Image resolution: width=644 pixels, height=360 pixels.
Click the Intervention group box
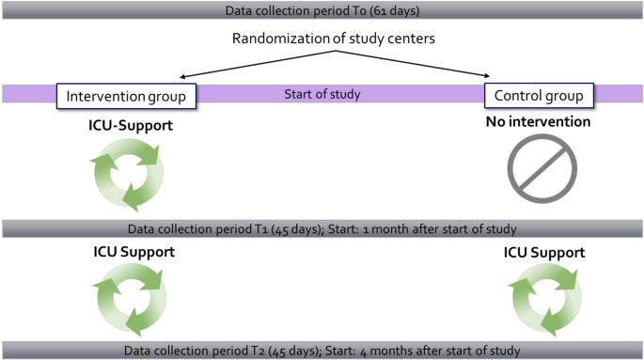click(x=126, y=96)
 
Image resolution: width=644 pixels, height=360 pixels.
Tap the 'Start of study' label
click(x=322, y=95)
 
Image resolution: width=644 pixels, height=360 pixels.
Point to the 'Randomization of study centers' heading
click(x=332, y=41)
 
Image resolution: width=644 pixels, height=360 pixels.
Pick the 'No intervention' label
click(x=537, y=121)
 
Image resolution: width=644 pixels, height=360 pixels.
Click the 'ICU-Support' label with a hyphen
click(x=126, y=122)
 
